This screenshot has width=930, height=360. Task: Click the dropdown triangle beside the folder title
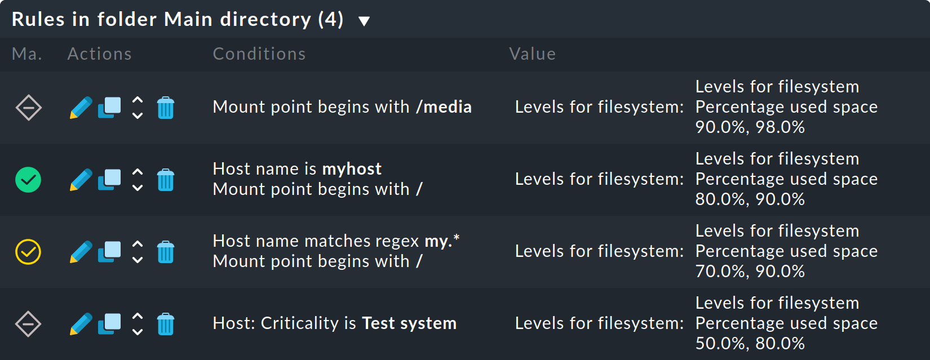tap(364, 21)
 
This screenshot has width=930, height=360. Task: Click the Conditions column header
tap(259, 54)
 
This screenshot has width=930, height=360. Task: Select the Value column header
tap(532, 54)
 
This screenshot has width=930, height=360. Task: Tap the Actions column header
tap(100, 54)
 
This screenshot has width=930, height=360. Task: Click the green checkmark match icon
tap(28, 180)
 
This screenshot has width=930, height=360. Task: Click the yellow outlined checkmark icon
tap(28, 252)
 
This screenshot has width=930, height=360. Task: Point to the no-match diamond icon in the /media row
tap(29, 108)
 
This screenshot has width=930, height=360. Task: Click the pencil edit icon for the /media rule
tap(81, 108)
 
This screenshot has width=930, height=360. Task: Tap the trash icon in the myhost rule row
tap(166, 180)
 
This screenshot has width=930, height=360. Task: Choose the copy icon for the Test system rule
tap(109, 324)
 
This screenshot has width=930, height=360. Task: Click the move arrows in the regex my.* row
tap(138, 252)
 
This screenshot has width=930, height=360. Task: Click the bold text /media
tap(444, 107)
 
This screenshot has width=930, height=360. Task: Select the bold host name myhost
tap(352, 169)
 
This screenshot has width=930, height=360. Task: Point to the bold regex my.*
tap(442, 241)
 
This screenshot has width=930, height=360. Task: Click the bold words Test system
tap(409, 323)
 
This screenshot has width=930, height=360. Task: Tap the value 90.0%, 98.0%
tap(750, 127)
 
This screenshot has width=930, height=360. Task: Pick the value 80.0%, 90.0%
tap(750, 199)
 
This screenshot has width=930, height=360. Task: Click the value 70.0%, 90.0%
tap(750, 271)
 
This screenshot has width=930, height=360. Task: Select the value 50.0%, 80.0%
tap(750, 344)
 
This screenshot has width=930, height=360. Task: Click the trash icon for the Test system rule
tap(166, 324)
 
